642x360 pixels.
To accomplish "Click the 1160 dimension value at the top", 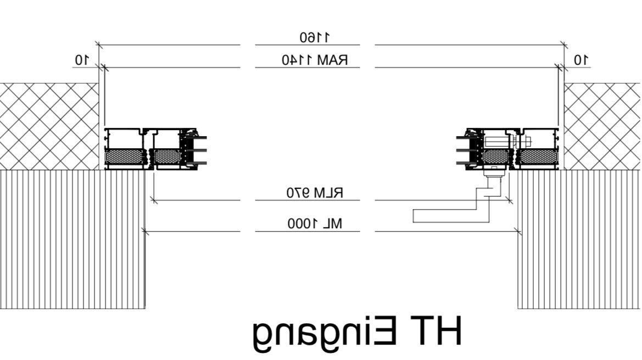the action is pos(315,38).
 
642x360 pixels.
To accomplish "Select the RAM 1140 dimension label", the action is pos(315,60).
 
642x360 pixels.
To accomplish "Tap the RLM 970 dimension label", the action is pos(315,192).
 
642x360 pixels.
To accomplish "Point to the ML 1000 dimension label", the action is pos(315,224).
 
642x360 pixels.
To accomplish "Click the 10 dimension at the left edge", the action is pos(81,60).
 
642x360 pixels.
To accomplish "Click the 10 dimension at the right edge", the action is pos(580,60).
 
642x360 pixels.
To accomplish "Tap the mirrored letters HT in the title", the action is pos(437,330).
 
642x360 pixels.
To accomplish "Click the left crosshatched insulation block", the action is pos(49,126).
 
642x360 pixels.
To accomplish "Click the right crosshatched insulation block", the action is pos(602,126).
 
